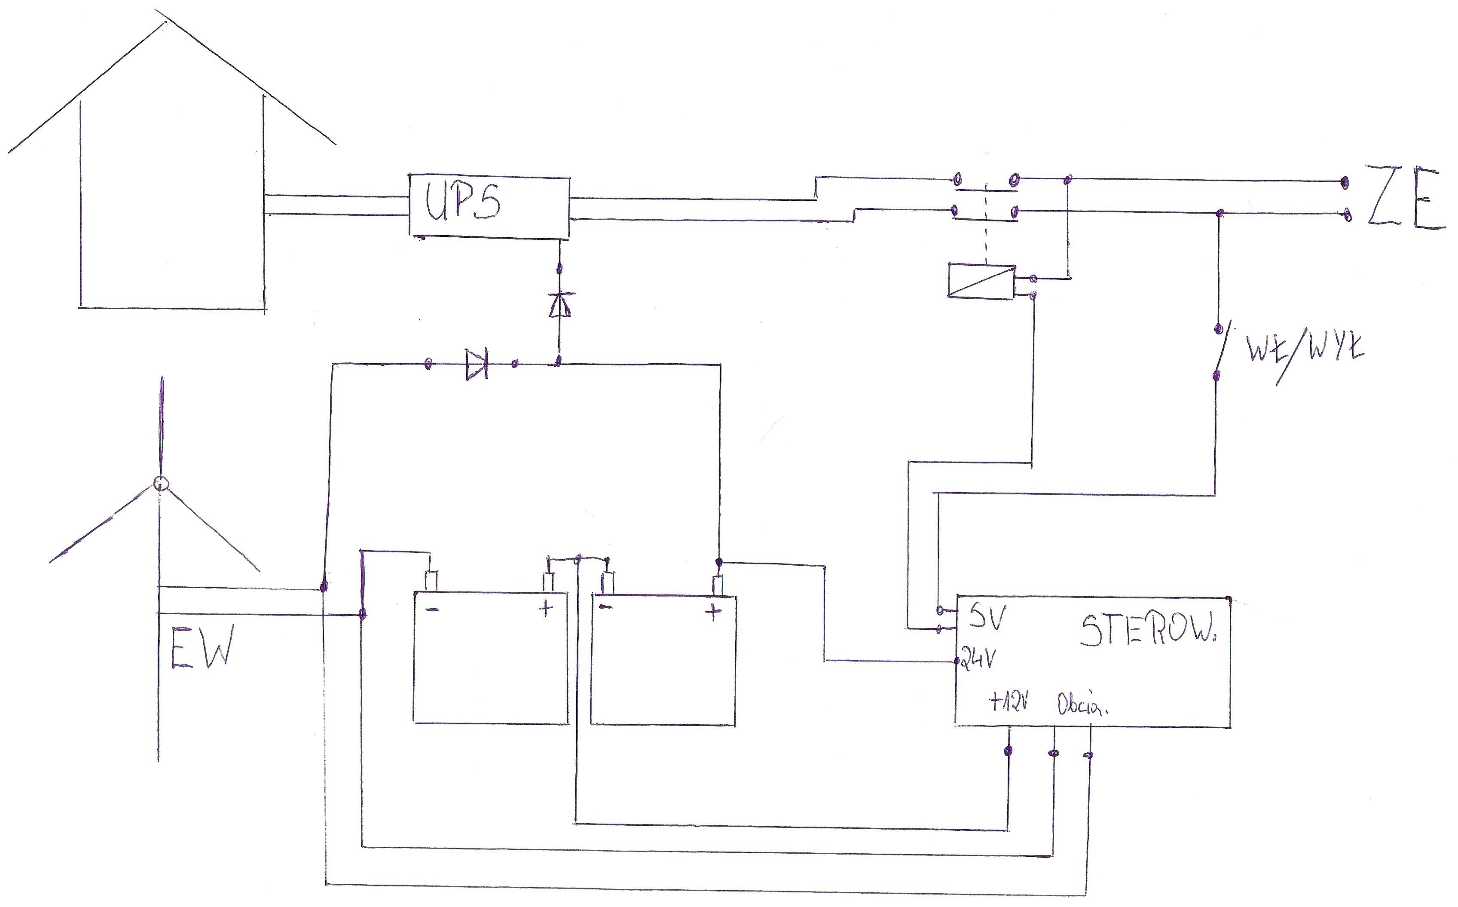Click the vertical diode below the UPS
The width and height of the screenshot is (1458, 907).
pos(559,304)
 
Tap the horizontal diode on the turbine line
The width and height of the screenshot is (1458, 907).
pos(477,364)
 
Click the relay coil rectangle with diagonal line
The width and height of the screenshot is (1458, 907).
pos(981,280)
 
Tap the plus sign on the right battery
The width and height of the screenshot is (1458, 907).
pos(713,613)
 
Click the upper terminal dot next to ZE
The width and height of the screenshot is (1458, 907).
pos(1345,181)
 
